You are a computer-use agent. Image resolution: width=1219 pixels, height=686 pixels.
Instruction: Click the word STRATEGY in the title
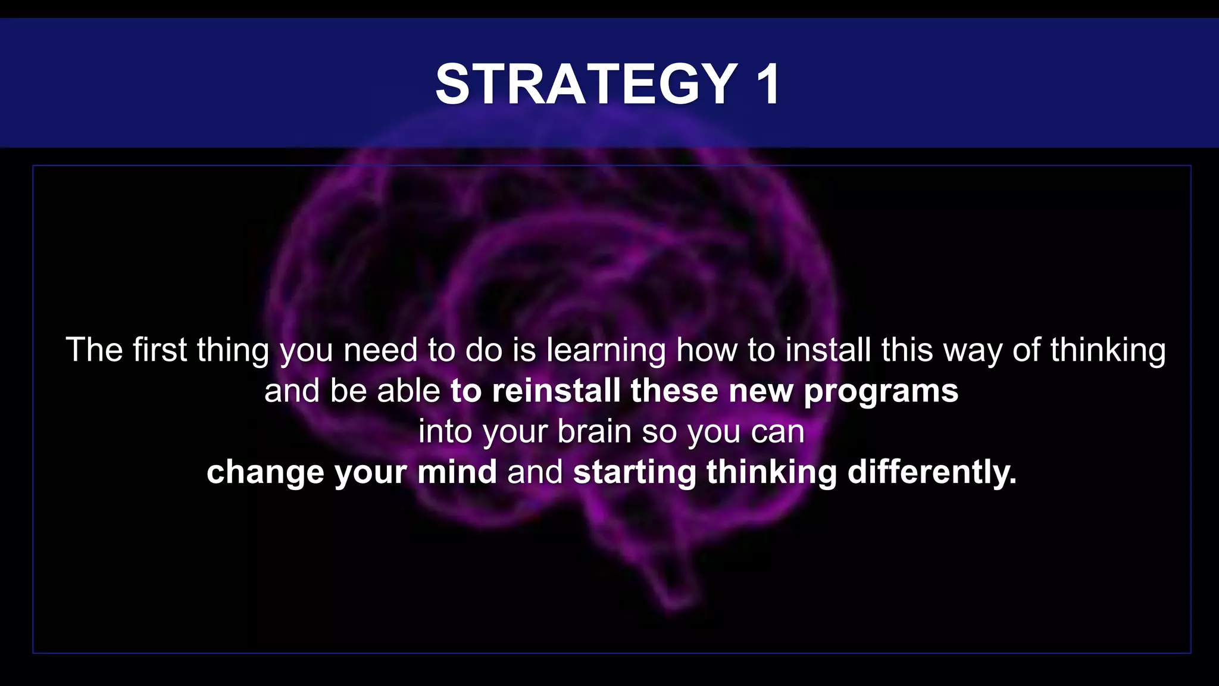point(586,85)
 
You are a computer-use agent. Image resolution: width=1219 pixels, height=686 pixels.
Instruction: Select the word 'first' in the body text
point(160,350)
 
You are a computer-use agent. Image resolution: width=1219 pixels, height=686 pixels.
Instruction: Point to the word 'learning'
point(606,351)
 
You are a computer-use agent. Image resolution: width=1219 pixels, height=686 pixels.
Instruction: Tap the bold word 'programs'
point(881,392)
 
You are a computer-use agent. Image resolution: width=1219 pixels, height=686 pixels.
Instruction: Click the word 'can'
point(777,432)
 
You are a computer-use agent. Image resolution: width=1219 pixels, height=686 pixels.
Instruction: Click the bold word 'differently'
point(932,473)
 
